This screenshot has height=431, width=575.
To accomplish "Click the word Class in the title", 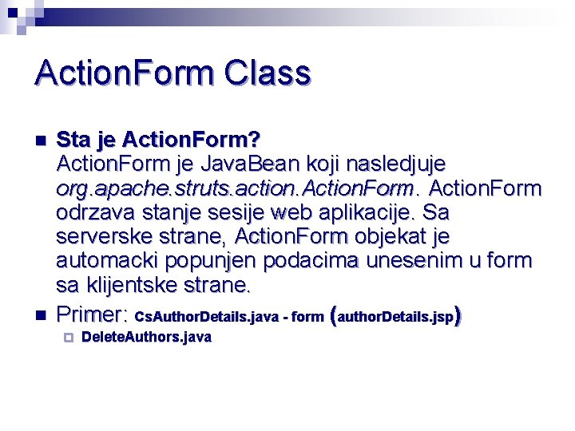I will click(268, 73).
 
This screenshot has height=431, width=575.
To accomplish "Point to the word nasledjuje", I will click(395, 164).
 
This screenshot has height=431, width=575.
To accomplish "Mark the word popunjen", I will click(209, 261).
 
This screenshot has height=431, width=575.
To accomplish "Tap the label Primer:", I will click(93, 313).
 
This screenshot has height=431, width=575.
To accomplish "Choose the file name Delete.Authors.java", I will click(146, 338).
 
